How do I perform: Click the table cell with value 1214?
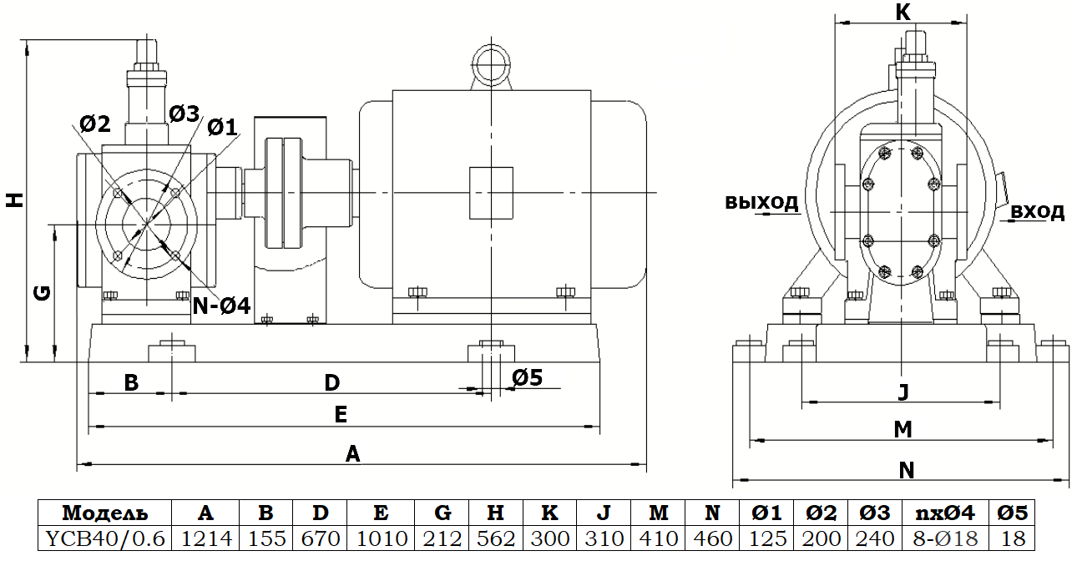click(x=206, y=538)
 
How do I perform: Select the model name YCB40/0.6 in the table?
click(x=105, y=538)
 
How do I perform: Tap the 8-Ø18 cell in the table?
click(x=945, y=538)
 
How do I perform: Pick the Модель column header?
click(x=105, y=513)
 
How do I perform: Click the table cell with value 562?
click(x=496, y=538)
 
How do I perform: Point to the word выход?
click(x=761, y=202)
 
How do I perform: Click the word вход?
click(x=1038, y=211)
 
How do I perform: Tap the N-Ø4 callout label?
click(x=221, y=306)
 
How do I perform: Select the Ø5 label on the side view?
click(x=528, y=377)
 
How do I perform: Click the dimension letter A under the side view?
click(x=353, y=454)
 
